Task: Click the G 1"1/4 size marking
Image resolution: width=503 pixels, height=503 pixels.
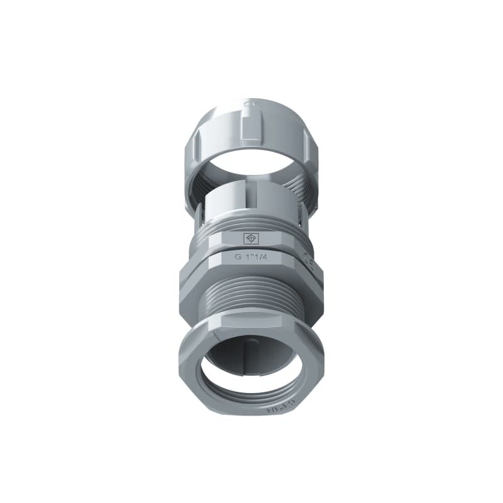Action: pyautogui.click(x=251, y=257)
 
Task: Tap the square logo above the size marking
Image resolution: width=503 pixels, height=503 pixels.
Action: pyautogui.click(x=251, y=239)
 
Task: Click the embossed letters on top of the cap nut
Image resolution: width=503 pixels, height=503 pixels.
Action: pyautogui.click(x=250, y=102)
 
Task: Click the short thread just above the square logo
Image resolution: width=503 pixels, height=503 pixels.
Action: pyautogui.click(x=251, y=224)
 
